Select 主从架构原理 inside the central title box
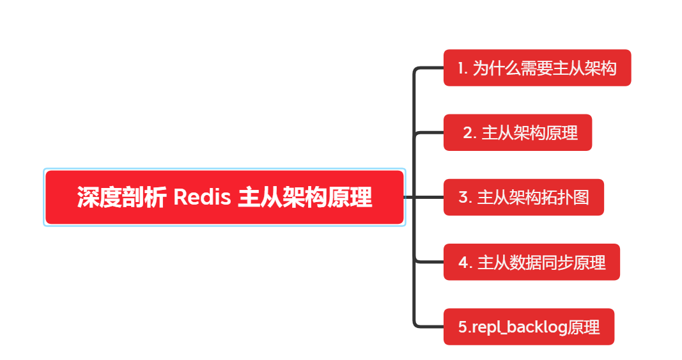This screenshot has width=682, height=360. [305, 197]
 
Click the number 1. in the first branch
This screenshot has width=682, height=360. [463, 68]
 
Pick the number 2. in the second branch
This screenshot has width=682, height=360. [470, 133]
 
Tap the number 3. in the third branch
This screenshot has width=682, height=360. [465, 198]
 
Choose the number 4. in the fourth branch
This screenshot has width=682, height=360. [465, 262]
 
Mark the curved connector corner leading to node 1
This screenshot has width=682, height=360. [417, 70]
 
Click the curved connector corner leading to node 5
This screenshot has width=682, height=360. [417, 324]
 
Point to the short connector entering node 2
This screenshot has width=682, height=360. [430, 133]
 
